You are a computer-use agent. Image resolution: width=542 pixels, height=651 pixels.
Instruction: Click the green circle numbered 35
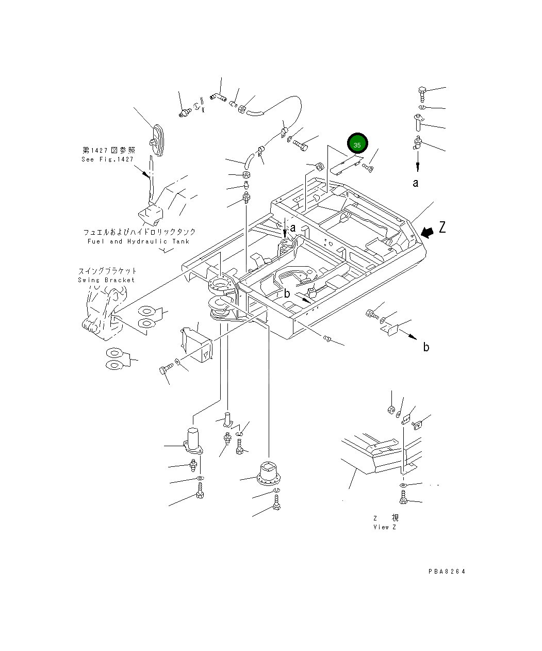tap(357, 144)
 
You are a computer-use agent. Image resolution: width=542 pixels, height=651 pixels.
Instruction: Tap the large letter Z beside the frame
tap(442, 226)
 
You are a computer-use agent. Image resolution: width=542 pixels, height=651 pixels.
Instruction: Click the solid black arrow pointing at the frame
tap(427, 233)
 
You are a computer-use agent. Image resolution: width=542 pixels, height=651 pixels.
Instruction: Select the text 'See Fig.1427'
tap(107, 159)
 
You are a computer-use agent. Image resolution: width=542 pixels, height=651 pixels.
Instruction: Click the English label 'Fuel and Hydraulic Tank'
tap(138, 241)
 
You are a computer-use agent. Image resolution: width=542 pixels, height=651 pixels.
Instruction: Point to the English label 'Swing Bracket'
tap(106, 280)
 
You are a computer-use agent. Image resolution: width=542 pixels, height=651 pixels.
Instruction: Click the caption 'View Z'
tap(384, 527)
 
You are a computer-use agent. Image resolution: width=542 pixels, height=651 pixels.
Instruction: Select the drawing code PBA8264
tap(447, 572)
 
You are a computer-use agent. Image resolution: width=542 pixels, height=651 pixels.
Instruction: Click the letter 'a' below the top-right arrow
tap(416, 183)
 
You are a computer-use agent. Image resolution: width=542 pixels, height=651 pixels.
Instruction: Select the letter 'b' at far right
tap(426, 347)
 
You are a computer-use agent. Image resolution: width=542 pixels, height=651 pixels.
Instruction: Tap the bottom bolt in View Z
tap(403, 498)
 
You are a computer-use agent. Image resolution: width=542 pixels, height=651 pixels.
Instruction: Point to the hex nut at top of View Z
tap(391, 410)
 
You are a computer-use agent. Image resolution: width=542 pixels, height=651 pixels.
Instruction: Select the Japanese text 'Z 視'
tap(386, 517)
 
